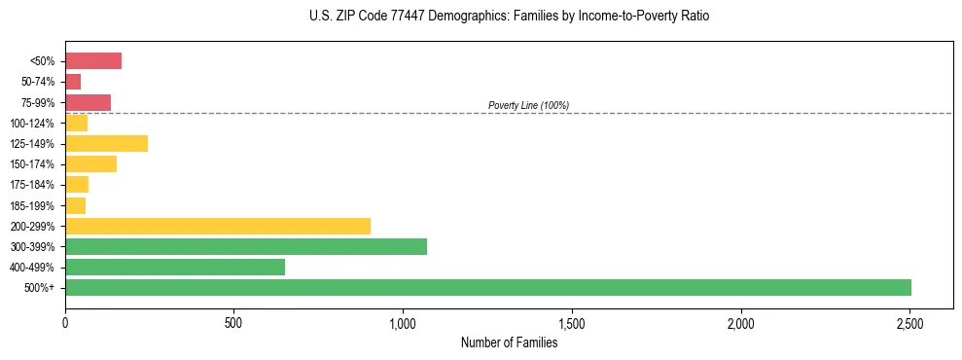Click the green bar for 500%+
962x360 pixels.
pyautogui.click(x=487, y=287)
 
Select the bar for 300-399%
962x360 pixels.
pyautogui.click(x=246, y=246)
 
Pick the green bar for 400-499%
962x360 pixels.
pyautogui.click(x=175, y=267)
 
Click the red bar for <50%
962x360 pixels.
pyautogui.click(x=93, y=61)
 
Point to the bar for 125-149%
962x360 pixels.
pyautogui.click(x=106, y=143)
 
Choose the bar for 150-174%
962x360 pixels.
pyautogui.click(x=90, y=164)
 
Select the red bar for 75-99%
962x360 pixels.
pyautogui.click(x=88, y=102)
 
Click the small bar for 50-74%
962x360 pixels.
pyautogui.click(x=73, y=82)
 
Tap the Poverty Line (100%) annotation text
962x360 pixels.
pyautogui.click(x=528, y=105)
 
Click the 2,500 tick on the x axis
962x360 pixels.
pyautogui.click(x=909, y=322)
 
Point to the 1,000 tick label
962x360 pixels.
pyautogui.click(x=403, y=322)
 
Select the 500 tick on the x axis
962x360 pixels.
pyautogui.click(x=233, y=322)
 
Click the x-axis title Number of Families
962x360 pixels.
pyautogui.click(x=509, y=342)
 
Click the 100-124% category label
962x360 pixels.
pyautogui.click(x=32, y=124)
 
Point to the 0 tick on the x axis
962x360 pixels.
pyautogui.click(x=65, y=322)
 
